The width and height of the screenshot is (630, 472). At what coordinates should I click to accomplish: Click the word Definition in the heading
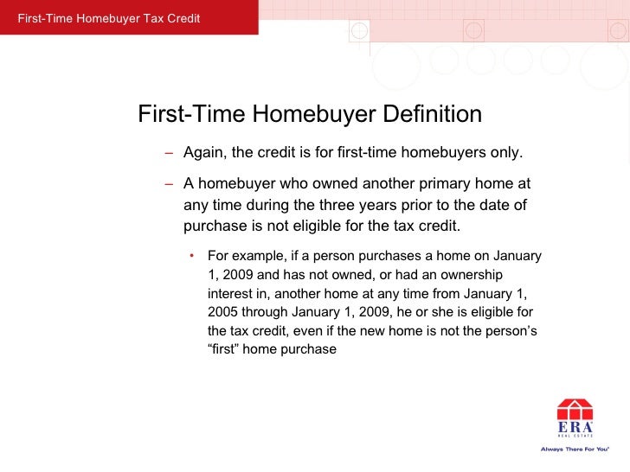point(432,115)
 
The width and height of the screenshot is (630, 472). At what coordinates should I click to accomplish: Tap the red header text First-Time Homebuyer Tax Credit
point(103,19)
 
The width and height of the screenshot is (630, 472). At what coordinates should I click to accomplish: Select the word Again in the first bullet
point(204,154)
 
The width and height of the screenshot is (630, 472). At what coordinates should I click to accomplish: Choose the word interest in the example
point(230,294)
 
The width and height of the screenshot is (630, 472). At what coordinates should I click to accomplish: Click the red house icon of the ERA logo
point(575,409)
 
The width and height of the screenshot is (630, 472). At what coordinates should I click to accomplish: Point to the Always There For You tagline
point(575,449)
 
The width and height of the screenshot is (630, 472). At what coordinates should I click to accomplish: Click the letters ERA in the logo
point(575,427)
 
